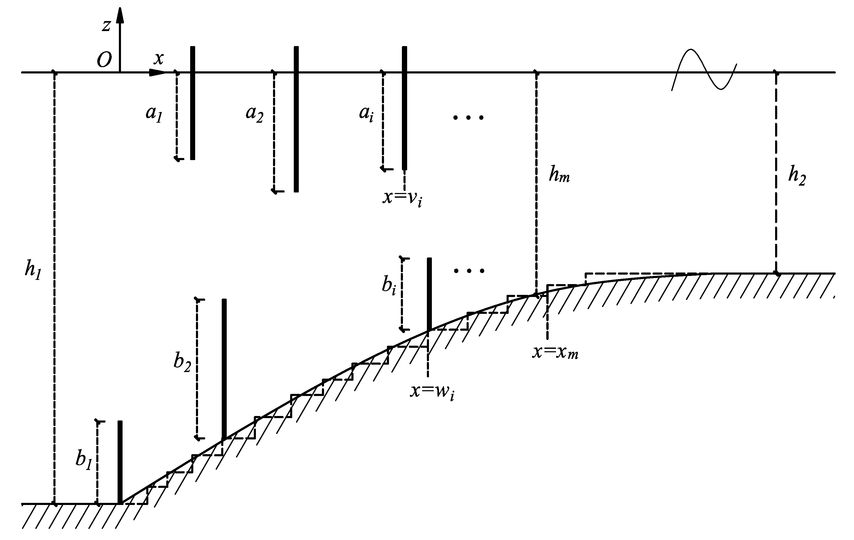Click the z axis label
click(106, 26)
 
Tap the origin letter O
click(104, 60)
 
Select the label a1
click(154, 114)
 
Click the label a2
click(254, 114)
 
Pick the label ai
click(366, 114)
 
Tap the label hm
click(559, 175)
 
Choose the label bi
click(389, 286)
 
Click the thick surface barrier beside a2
click(296, 119)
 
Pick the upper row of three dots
click(468, 117)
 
